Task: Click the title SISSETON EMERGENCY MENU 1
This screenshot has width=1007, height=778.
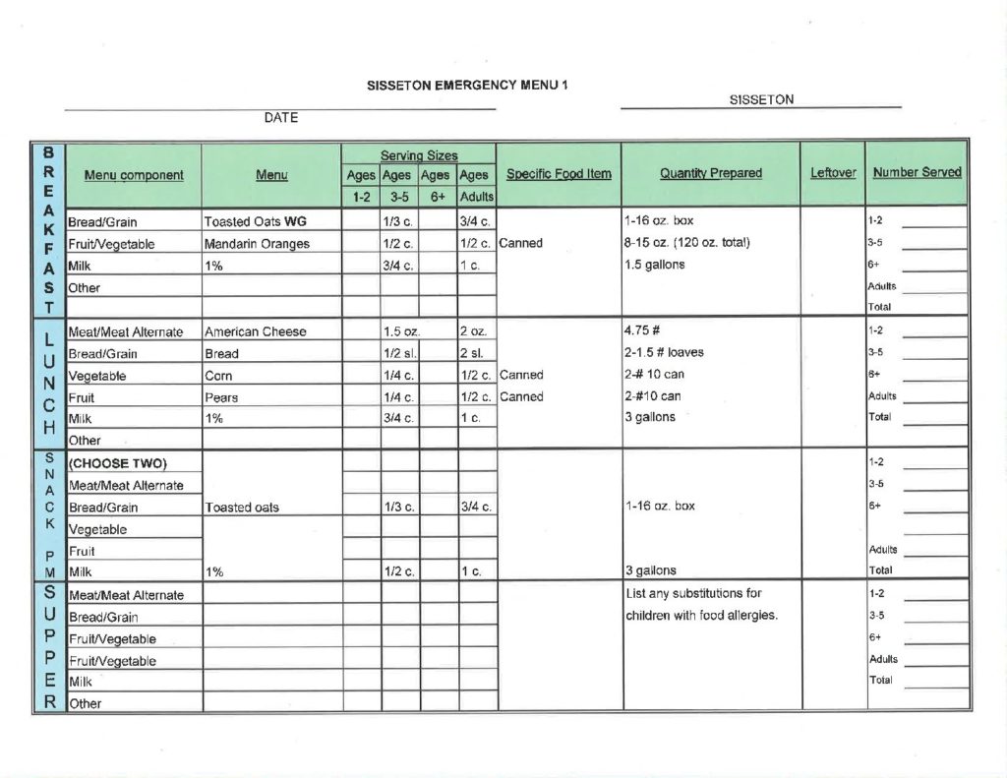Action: click(467, 85)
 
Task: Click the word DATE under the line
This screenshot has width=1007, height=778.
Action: click(280, 118)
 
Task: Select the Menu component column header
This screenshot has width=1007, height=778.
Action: click(134, 175)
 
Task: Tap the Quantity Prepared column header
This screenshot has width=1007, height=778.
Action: click(710, 173)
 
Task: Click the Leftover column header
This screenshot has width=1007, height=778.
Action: click(832, 173)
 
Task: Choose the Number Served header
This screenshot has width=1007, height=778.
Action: click(917, 172)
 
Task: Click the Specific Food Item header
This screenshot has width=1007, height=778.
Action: click(559, 174)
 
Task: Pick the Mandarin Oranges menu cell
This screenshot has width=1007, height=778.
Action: click(257, 244)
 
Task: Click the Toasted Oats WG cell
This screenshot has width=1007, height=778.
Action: click(255, 221)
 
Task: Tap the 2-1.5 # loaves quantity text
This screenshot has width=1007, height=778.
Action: click(664, 352)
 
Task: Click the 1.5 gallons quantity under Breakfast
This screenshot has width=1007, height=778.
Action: click(654, 265)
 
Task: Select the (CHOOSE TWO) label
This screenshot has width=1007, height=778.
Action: click(118, 463)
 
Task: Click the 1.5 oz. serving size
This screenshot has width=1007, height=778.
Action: click(401, 331)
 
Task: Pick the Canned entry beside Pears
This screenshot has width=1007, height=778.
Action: click(520, 397)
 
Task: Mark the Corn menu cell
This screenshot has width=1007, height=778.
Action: click(218, 376)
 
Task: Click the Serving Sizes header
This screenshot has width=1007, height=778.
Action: click(418, 155)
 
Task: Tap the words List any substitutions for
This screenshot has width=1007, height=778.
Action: click(693, 593)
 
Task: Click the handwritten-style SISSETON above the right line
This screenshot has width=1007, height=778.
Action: click(761, 99)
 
